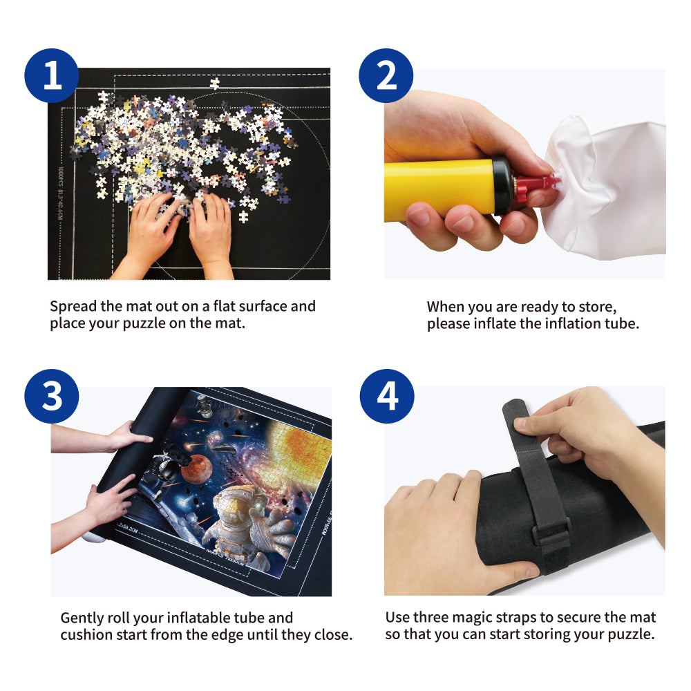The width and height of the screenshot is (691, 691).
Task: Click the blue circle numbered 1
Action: click(52, 76)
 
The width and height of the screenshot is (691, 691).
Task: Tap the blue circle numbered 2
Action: click(386, 76)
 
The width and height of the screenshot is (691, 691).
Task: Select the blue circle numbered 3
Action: click(52, 397)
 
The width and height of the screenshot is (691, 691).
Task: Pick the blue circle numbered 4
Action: click(387, 397)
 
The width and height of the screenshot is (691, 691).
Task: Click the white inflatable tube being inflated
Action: click(608, 187)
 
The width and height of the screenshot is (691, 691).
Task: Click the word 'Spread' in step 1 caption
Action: click(73, 306)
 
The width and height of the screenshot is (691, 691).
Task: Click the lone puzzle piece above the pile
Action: click(214, 84)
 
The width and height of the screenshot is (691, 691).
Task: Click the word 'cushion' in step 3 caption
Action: click(88, 635)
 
